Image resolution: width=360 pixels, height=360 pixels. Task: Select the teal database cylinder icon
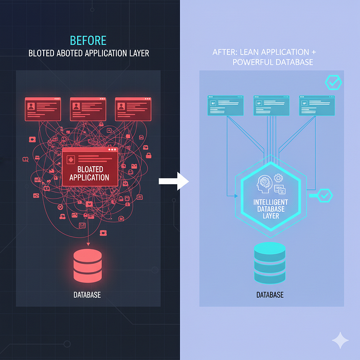270,263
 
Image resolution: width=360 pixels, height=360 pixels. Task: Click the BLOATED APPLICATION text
89,173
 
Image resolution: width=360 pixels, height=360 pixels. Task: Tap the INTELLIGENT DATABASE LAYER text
271,208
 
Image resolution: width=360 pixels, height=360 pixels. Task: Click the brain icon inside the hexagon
266,182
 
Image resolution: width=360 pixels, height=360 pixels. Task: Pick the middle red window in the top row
87,109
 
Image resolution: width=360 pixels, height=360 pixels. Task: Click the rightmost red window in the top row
132,109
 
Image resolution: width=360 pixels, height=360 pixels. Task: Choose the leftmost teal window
226,105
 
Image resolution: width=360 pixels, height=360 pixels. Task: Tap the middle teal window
271,105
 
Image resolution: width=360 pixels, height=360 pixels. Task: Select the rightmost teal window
316,105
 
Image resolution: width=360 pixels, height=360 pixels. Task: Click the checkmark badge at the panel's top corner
333,82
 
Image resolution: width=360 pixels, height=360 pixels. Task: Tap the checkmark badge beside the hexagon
325,195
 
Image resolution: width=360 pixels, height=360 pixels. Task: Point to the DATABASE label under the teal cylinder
270,295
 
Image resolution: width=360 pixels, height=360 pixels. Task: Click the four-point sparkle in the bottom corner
339,340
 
